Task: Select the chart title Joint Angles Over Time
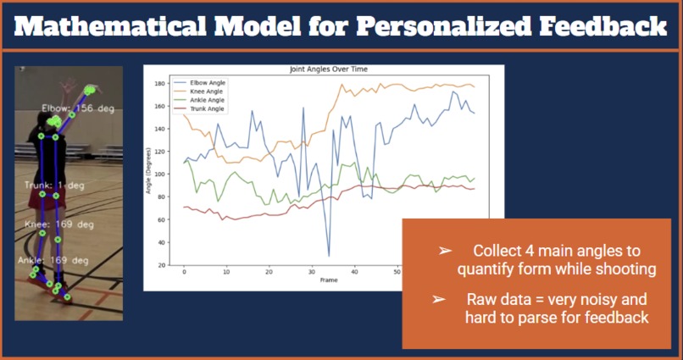click(x=325, y=69)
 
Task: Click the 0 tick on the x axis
click(x=184, y=273)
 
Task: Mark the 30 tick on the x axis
click(x=312, y=273)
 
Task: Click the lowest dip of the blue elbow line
click(x=328, y=255)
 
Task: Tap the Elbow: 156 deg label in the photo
click(x=78, y=108)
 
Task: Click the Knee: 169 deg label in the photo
click(x=58, y=225)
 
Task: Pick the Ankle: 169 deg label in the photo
click(x=54, y=261)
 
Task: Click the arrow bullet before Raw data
click(x=439, y=300)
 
